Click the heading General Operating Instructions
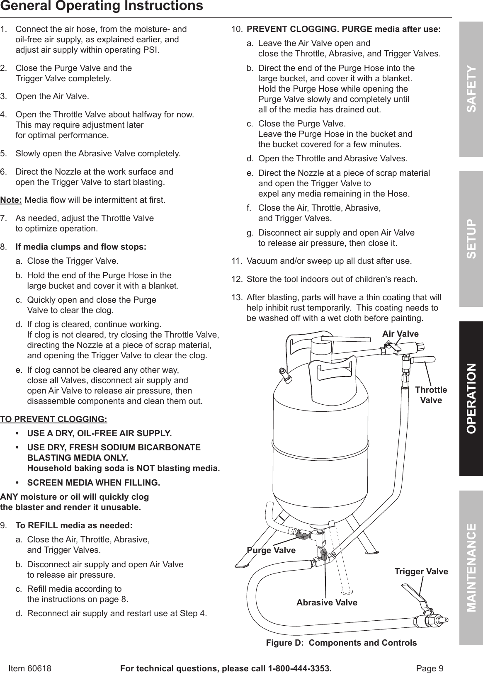click(x=102, y=6)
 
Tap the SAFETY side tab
click(x=471, y=89)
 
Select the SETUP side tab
click(x=471, y=239)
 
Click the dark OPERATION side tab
click(x=471, y=398)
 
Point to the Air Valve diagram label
click(x=400, y=334)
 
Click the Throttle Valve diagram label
click(x=431, y=395)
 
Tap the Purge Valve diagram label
click(x=271, y=550)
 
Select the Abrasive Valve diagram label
click(x=327, y=603)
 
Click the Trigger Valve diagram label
click(x=421, y=571)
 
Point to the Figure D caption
click(x=341, y=643)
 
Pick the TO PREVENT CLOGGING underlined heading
click(x=53, y=419)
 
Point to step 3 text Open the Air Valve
click(x=52, y=97)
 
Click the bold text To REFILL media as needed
click(x=74, y=525)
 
